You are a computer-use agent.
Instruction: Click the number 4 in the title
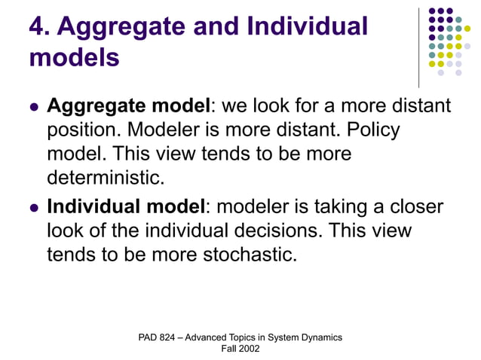(37, 26)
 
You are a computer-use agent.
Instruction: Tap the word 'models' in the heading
(74, 57)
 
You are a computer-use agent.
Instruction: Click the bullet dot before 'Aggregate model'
(32, 108)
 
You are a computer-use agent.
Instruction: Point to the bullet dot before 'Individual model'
(32, 207)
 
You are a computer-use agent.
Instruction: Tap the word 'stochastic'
(247, 254)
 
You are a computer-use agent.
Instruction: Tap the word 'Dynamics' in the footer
(320, 337)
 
